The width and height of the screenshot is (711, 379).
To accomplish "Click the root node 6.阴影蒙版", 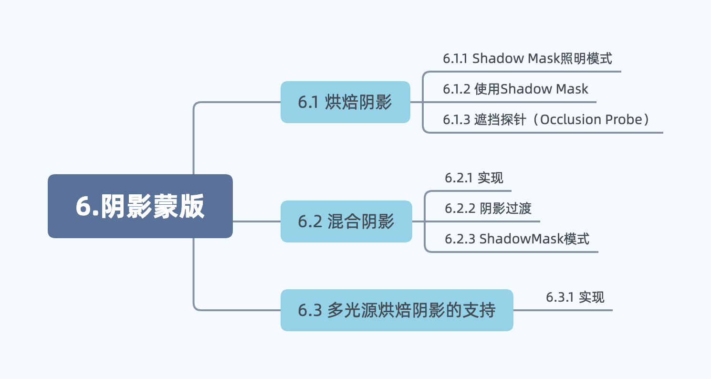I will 140,206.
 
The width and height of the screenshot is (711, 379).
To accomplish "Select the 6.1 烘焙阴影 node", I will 345,102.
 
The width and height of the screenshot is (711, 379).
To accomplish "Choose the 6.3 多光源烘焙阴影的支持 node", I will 397,310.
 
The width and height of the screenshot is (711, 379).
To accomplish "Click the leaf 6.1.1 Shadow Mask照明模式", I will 527,59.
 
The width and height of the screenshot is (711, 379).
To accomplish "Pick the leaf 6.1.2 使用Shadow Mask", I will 515,89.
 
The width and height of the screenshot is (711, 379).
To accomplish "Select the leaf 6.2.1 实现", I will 474,178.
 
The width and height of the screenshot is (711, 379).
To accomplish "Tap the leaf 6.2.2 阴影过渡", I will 488,208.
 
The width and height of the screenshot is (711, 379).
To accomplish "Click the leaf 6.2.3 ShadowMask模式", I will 517,238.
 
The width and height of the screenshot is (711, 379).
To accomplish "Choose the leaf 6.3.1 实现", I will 575,297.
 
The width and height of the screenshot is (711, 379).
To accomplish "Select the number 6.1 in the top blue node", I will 308,102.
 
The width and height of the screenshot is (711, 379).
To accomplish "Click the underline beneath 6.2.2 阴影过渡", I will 482,221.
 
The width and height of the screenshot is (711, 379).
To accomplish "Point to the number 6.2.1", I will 459,178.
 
